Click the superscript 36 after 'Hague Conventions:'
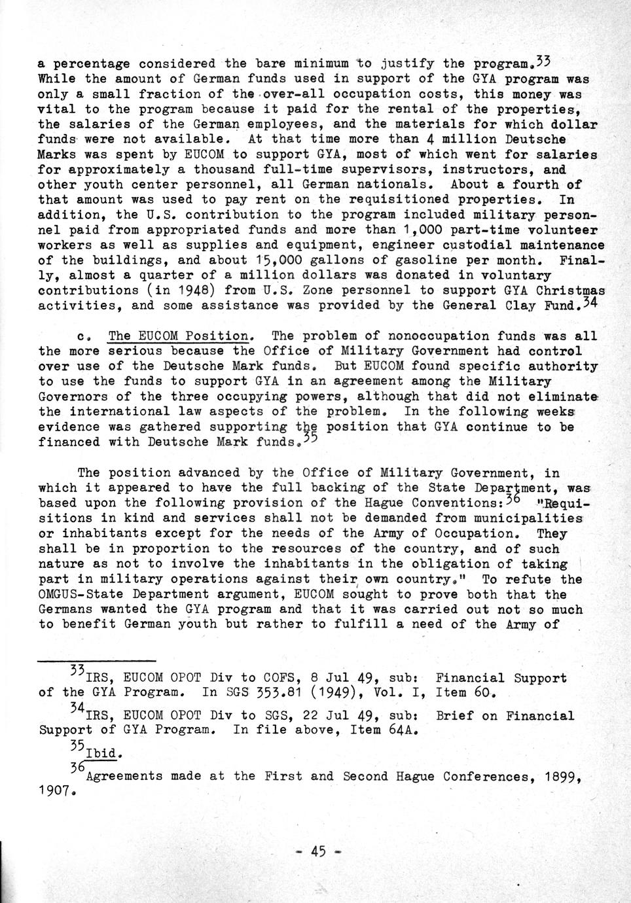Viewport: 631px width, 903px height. (x=513, y=499)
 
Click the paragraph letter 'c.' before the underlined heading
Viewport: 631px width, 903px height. (x=84, y=337)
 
